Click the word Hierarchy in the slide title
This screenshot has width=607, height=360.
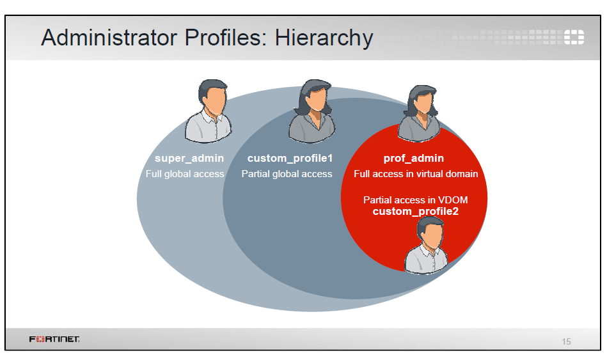[324, 38]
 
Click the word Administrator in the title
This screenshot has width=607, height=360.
[109, 37]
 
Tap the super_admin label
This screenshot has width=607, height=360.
[189, 159]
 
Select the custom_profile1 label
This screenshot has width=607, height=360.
[290, 159]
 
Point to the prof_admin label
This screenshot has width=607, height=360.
[413, 159]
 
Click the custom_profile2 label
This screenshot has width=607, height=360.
[415, 212]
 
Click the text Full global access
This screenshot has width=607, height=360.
[185, 174]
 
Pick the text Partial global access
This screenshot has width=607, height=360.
[287, 174]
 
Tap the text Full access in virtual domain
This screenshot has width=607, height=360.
[416, 174]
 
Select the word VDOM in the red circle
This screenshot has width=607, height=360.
[453, 200]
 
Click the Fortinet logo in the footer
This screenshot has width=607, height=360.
[54, 339]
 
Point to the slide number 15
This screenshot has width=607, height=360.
[566, 341]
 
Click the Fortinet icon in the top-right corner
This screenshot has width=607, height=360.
[574, 37]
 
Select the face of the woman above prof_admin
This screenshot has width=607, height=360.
[423, 103]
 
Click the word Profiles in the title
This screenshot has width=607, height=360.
[226, 37]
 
